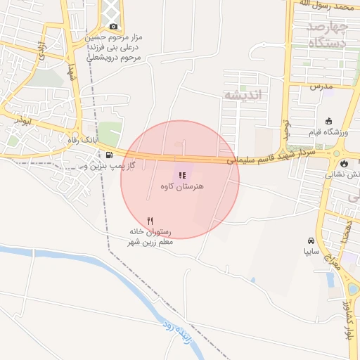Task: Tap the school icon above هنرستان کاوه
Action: (181, 175)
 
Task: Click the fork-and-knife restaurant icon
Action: (150, 221)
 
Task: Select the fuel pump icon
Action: (109, 155)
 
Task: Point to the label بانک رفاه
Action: (96, 141)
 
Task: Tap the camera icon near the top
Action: (113, 26)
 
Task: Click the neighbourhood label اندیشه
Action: (242, 94)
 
